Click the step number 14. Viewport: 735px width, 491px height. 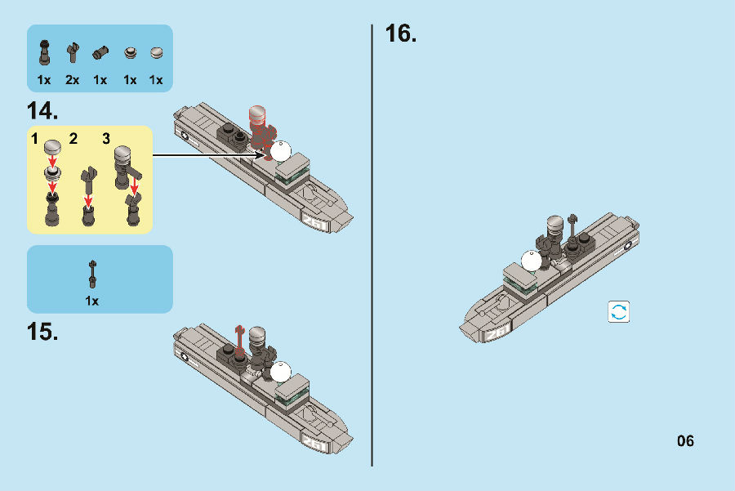(x=42, y=111)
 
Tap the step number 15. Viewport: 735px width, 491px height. (x=42, y=332)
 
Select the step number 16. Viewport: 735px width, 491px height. (x=401, y=33)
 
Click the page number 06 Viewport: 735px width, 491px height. (x=685, y=441)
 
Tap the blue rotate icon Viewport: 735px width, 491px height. (x=619, y=312)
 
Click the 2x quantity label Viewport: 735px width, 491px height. (x=72, y=80)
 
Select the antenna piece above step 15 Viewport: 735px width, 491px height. (x=93, y=275)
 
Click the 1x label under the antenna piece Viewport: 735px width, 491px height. (x=91, y=301)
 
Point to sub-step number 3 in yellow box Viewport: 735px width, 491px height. (x=106, y=139)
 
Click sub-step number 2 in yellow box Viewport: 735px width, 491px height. (x=73, y=139)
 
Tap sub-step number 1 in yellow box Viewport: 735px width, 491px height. (x=34, y=139)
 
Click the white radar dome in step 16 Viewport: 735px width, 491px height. (x=531, y=261)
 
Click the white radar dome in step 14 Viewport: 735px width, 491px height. (x=281, y=151)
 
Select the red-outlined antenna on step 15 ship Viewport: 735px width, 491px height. (x=239, y=339)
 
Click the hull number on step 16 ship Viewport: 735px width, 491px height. (x=497, y=333)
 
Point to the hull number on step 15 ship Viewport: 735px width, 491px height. (x=314, y=443)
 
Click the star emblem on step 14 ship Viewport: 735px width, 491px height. (x=185, y=136)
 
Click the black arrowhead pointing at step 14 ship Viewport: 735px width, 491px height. (x=259, y=154)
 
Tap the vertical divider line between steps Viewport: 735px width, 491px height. (x=372, y=245)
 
